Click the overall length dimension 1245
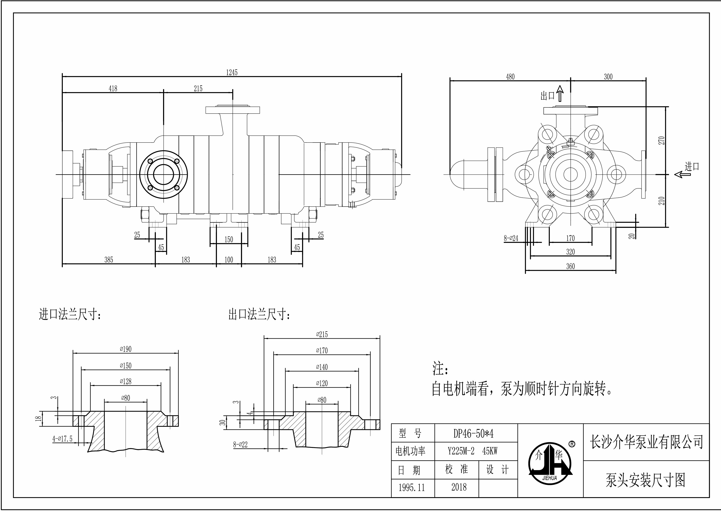(x=232, y=73)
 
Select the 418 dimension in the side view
(x=113, y=89)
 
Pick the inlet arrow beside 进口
(x=682, y=174)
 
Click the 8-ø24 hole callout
(x=511, y=238)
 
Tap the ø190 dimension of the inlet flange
(x=126, y=349)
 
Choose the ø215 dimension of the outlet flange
(x=322, y=334)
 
